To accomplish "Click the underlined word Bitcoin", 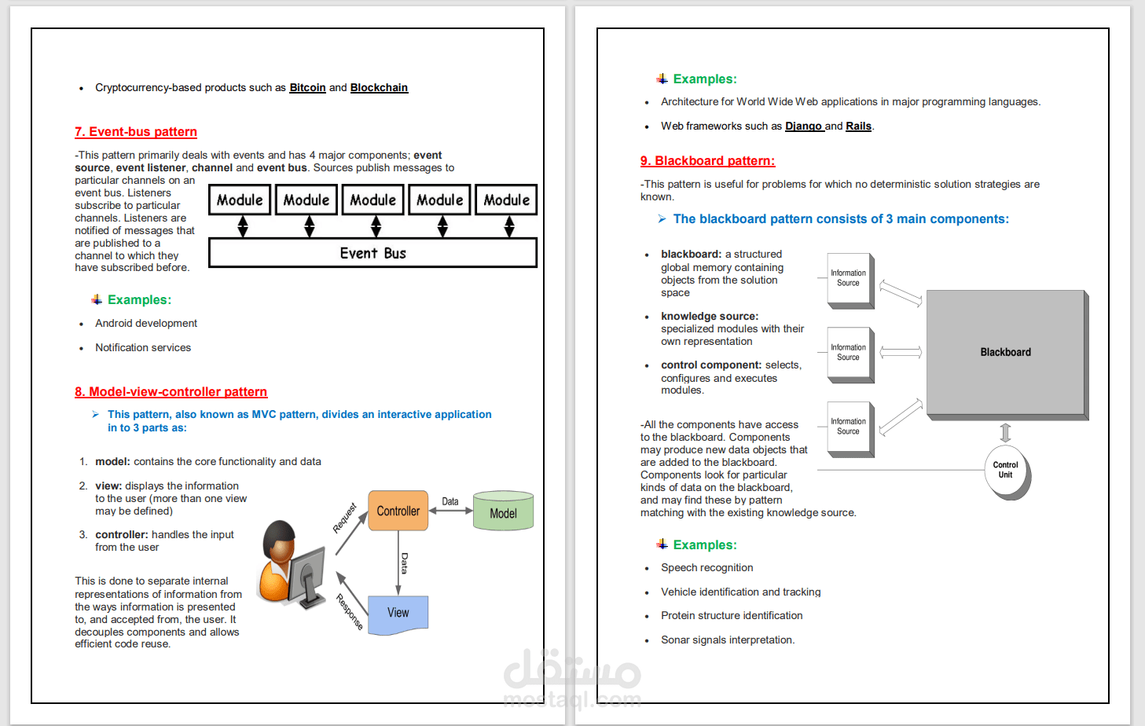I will pos(307,88).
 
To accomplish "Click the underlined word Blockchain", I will pos(379,88).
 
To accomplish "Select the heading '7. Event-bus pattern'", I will pos(136,132).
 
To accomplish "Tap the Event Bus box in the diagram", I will pos(372,253).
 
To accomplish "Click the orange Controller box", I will pos(398,511).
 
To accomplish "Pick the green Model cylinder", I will pos(503,511).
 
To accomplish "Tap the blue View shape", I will pos(398,614).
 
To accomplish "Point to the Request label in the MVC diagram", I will pos(344,519).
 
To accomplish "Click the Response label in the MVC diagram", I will pos(350,611).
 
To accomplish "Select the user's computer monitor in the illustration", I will pos(307,574).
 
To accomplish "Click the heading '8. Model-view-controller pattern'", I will pos(171,392).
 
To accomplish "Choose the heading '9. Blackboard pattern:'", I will pos(707,161).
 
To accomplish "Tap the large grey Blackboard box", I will pos(1005,353).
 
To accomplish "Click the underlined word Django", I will pos(803,126).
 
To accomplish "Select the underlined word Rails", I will pos(858,126).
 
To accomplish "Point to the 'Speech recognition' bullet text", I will pos(706,568).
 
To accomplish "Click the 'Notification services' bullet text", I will pos(143,348).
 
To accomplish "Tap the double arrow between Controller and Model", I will pos(450,511).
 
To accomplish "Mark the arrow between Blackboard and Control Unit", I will pos(1005,433).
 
